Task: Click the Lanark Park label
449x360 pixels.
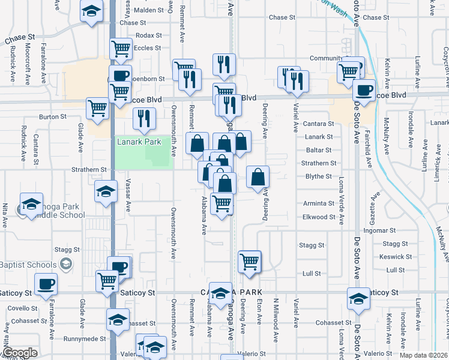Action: (139, 142)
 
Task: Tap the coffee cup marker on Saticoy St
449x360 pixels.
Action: (45, 284)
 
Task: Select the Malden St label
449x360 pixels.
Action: (148, 10)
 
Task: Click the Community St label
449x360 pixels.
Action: (326, 58)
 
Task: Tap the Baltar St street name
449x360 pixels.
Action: (318, 150)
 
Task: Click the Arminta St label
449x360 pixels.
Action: (318, 203)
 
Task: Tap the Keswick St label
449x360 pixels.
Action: (396, 257)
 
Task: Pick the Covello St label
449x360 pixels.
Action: (23, 308)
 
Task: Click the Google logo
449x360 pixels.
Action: (20, 353)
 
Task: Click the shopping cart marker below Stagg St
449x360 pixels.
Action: (249, 261)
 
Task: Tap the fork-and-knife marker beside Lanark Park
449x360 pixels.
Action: (144, 119)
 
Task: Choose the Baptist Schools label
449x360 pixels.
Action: (28, 265)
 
